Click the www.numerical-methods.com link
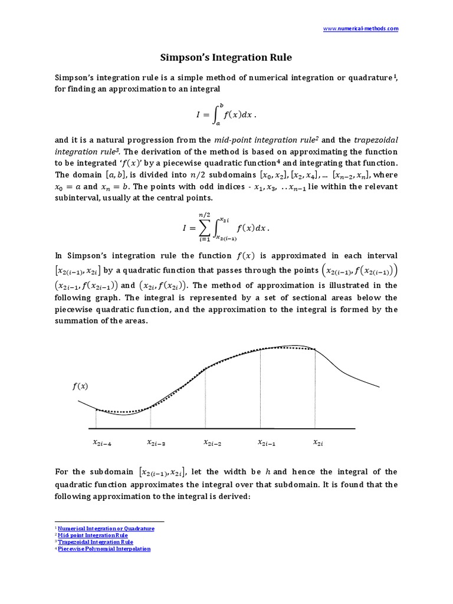tap(362, 28)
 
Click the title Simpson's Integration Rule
tap(226, 58)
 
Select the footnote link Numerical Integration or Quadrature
tap(106, 528)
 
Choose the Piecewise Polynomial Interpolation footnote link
tap(104, 549)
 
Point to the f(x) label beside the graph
tap(80, 386)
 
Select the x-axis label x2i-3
tap(156, 442)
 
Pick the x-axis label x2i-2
tap(212, 442)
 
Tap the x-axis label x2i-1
tap(267, 442)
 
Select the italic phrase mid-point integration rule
tap(263, 140)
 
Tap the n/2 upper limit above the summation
tap(203, 215)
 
